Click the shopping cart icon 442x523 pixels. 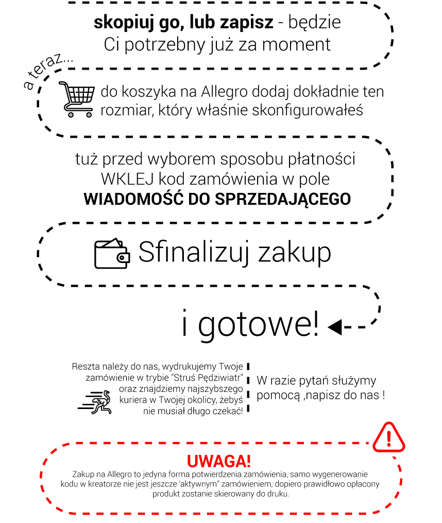(76, 99)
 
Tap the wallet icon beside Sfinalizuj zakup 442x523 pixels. (112, 254)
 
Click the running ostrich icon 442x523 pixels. (95, 402)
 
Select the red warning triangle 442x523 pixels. (389, 437)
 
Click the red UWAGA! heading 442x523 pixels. (219, 461)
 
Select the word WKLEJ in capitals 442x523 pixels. (128, 179)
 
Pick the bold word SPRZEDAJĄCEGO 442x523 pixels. (283, 199)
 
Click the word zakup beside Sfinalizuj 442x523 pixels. (295, 253)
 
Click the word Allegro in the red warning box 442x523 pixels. (119, 475)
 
